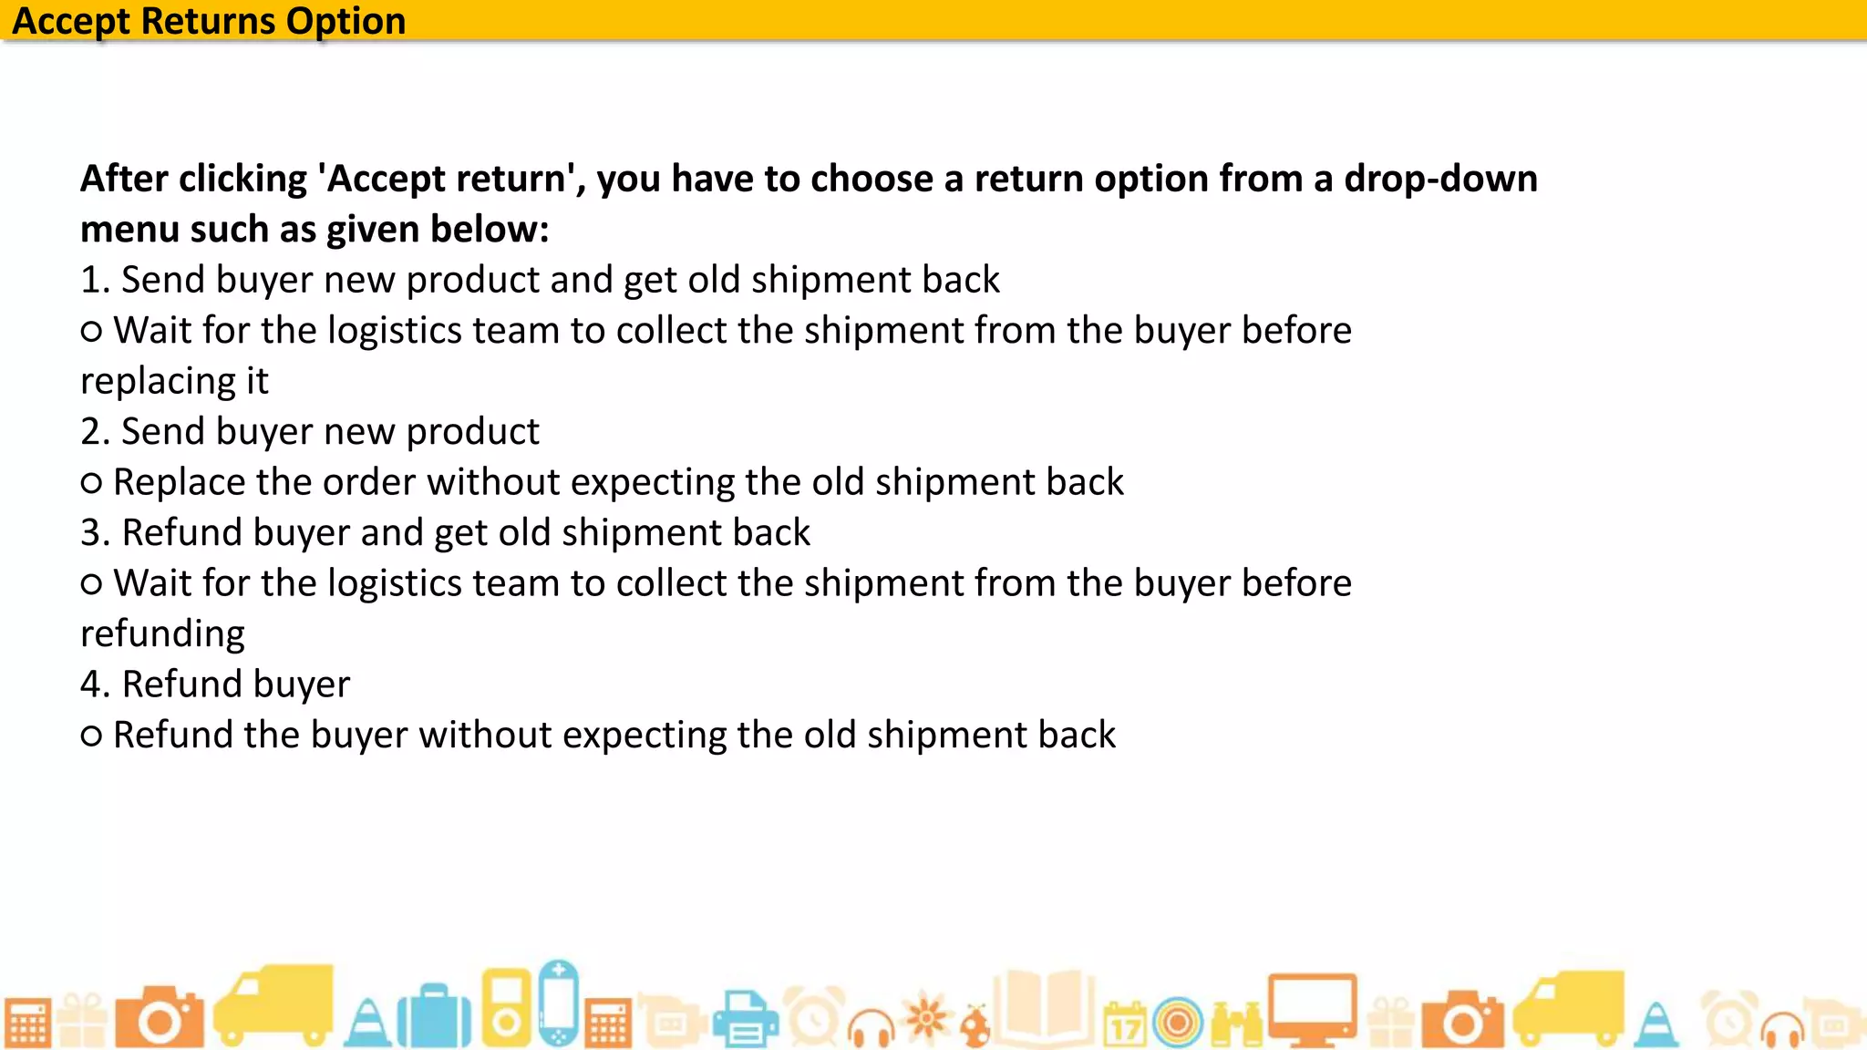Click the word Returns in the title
pos(208,20)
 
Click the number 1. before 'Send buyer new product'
pos(95,280)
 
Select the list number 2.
pos(95,431)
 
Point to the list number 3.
pos(95,532)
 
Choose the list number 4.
pos(95,684)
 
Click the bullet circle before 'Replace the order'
pos(91,483)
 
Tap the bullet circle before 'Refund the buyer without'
pos(91,736)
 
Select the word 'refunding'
pos(162,633)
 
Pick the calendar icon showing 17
pos(1125,1024)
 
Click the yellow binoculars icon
pos(1237,1024)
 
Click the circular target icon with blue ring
pos(1178,1023)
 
